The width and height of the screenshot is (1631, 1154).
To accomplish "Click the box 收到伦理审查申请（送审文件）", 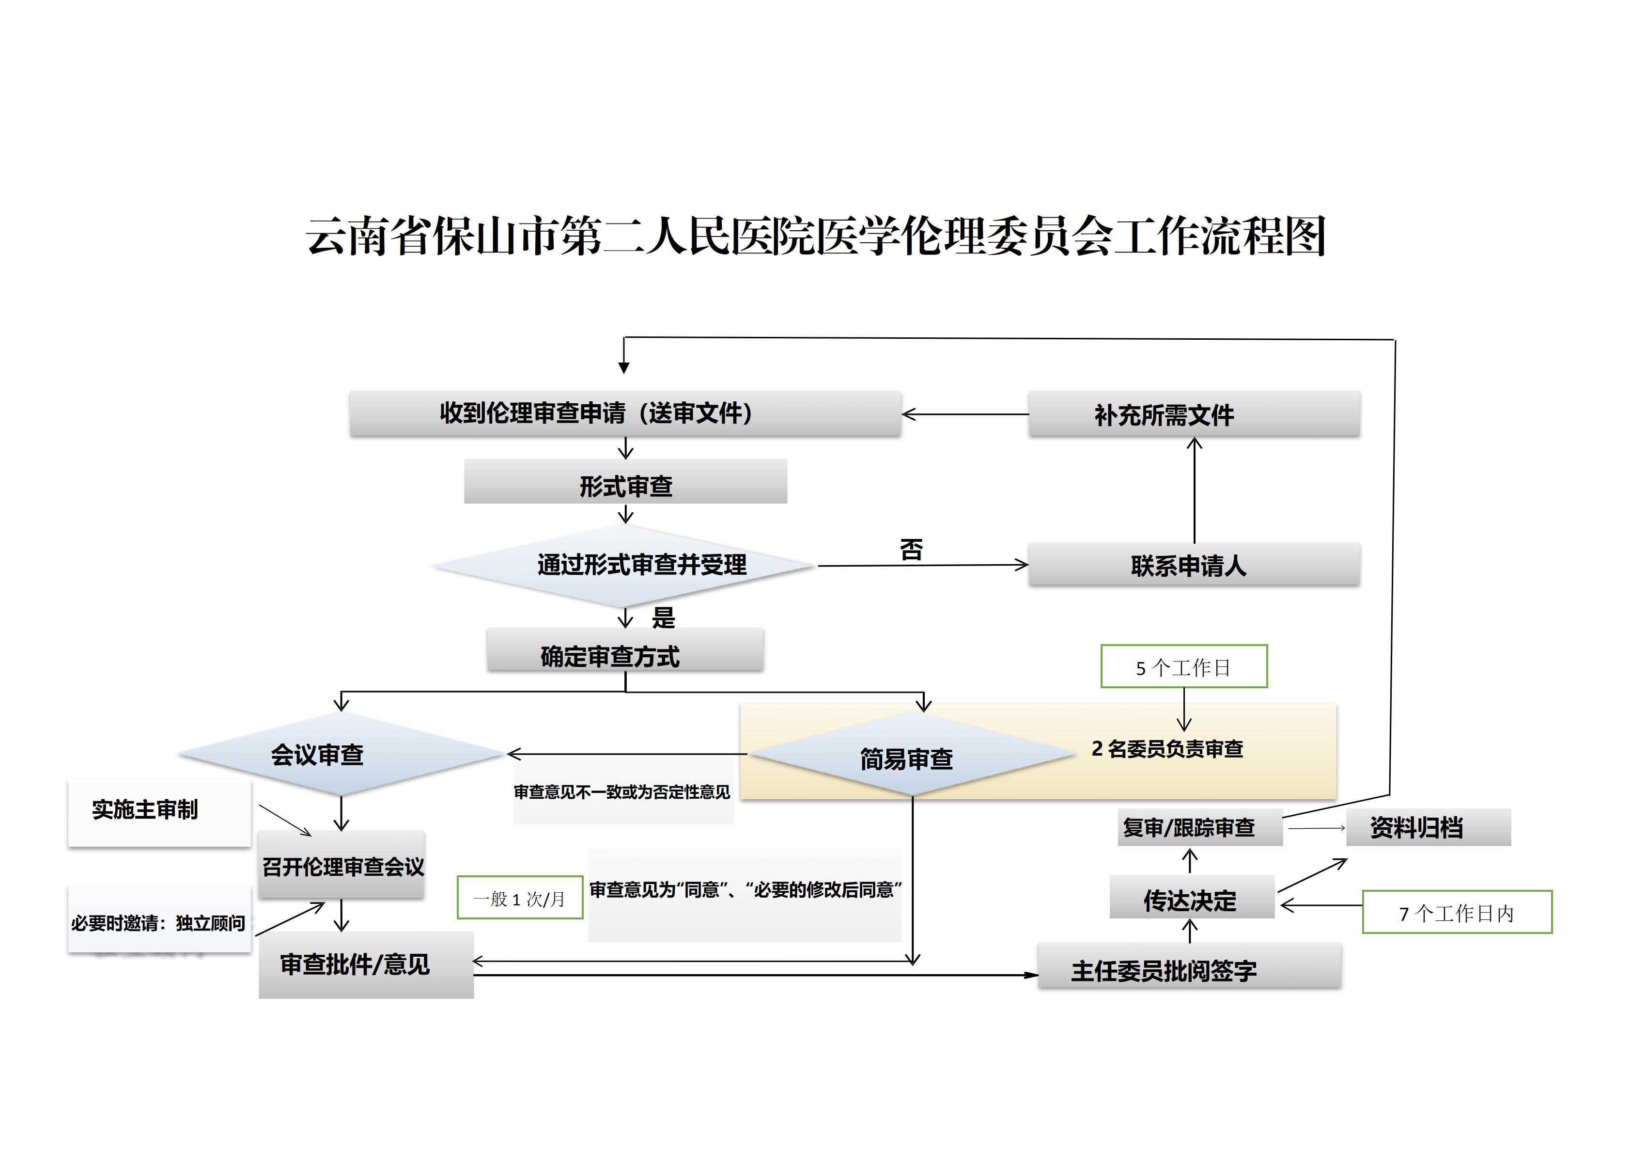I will pos(625,413).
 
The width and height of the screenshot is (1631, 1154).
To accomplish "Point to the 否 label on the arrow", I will pos(911,549).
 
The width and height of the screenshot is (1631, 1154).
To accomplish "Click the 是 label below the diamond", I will pos(664,617).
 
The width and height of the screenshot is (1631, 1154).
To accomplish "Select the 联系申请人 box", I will pos(1194,566).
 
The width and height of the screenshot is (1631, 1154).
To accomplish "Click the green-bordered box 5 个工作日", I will pos(1183,666).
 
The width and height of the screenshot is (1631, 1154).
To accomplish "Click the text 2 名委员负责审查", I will pos(1167,749).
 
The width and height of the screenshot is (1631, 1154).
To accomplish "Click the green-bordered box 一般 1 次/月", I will pos(520,898).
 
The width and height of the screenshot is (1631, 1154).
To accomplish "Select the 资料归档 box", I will pos(1428,828).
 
